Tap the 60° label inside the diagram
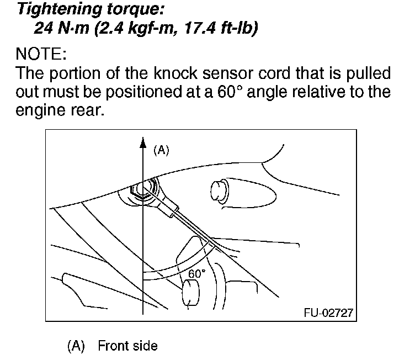pyautogui.click(x=196, y=273)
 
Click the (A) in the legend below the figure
pyautogui.click(x=76, y=346)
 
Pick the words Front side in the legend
pyautogui.click(x=127, y=346)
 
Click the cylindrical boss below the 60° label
pyautogui.click(x=191, y=293)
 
